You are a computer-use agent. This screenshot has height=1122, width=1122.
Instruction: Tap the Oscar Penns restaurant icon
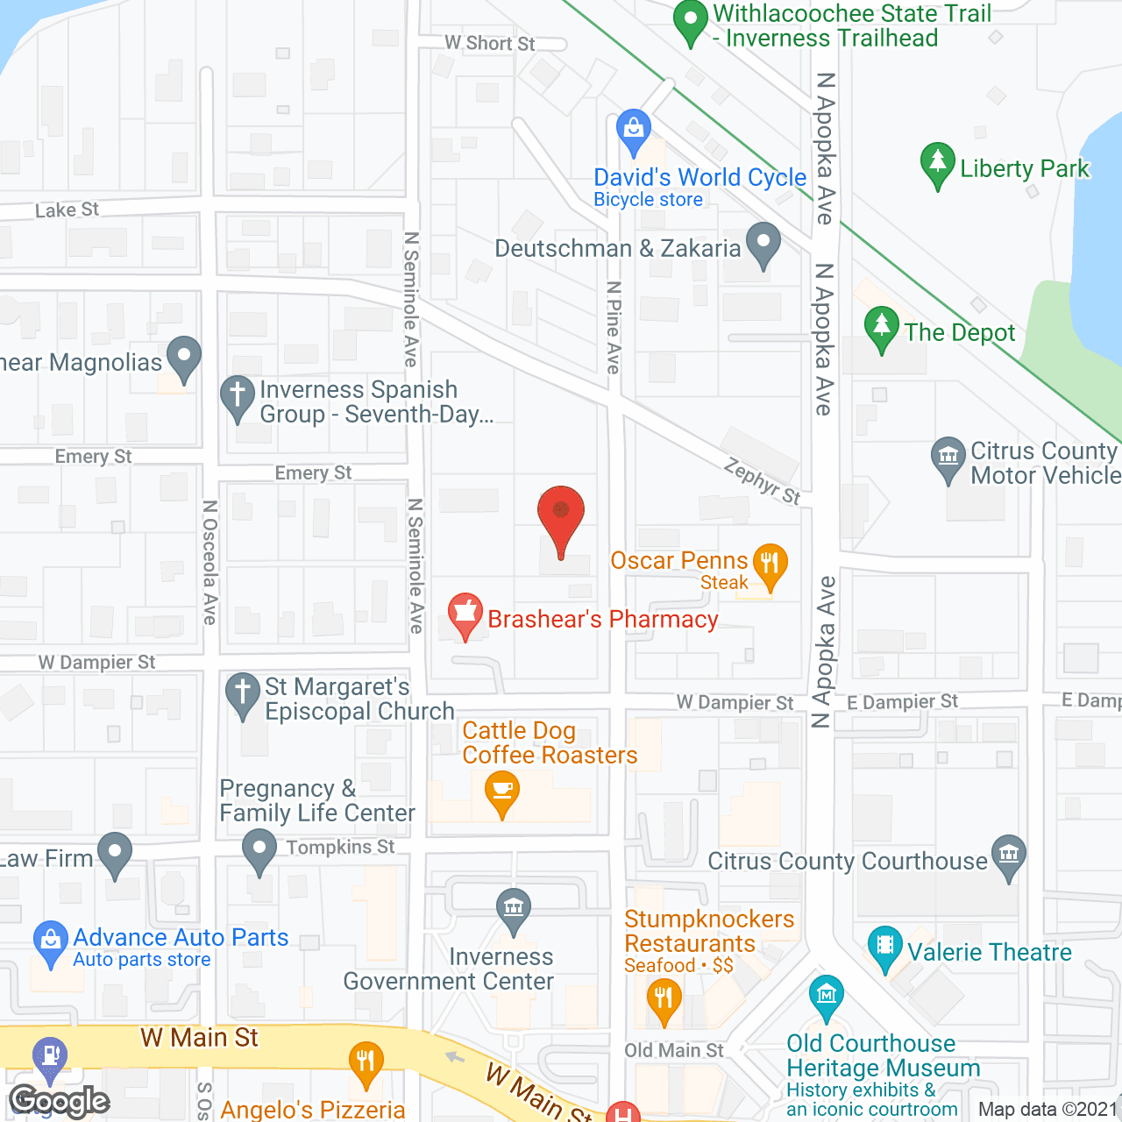(x=770, y=563)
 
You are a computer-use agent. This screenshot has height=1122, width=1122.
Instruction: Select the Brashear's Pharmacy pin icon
(x=465, y=614)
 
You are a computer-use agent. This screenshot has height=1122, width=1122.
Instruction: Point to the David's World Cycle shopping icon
(x=633, y=131)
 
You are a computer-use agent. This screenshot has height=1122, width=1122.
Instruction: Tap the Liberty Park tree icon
(x=937, y=163)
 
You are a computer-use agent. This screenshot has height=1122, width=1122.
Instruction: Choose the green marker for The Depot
(x=882, y=327)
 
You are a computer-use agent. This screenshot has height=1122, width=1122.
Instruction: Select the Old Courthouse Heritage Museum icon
(x=827, y=996)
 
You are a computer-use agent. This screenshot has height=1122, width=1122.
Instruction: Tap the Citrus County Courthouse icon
(x=1009, y=855)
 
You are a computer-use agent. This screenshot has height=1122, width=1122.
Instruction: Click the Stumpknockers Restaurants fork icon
(x=664, y=999)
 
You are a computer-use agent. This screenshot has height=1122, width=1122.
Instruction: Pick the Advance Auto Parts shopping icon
(x=51, y=941)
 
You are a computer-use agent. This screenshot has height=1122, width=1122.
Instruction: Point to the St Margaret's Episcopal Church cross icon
(x=243, y=692)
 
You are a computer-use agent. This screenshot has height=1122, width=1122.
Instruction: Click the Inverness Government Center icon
(x=514, y=909)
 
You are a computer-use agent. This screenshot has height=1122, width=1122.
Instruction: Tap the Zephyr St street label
(x=762, y=482)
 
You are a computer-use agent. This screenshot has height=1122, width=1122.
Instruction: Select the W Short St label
(x=489, y=43)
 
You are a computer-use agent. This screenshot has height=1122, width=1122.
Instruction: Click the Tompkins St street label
(x=341, y=847)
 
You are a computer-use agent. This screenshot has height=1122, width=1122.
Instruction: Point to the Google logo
(x=60, y=1102)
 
